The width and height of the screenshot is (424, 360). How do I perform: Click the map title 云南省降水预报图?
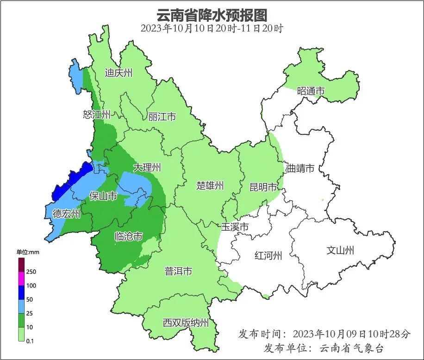tap(212, 14)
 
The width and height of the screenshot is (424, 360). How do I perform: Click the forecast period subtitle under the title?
tap(212, 28)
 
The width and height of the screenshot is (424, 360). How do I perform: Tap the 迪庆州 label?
tap(118, 73)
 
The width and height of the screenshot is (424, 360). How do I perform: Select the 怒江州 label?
tap(97, 114)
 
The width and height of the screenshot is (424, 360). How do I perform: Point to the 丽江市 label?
tap(162, 117)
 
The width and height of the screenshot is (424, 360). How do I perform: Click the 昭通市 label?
tap(311, 91)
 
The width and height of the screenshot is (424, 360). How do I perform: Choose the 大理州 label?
tap(147, 167)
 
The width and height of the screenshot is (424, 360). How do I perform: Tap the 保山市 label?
tap(103, 196)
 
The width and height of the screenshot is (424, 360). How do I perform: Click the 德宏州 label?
tap(66, 214)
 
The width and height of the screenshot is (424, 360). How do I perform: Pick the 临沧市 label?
tap(128, 237)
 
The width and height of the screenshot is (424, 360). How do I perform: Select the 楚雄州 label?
tap(210, 186)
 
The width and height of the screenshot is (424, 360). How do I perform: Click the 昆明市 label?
tap(263, 187)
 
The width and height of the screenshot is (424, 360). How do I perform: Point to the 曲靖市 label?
tap(300, 168)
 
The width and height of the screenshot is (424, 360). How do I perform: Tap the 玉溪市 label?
tap(235, 227)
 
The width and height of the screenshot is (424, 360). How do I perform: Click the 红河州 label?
tap(268, 255)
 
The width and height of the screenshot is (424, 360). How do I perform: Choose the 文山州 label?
tap(340, 250)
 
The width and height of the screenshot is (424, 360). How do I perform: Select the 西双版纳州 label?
tap(186, 323)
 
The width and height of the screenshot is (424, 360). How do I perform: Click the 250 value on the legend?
tap(31, 272)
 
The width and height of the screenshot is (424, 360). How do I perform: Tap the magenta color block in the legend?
tap(21, 279)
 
